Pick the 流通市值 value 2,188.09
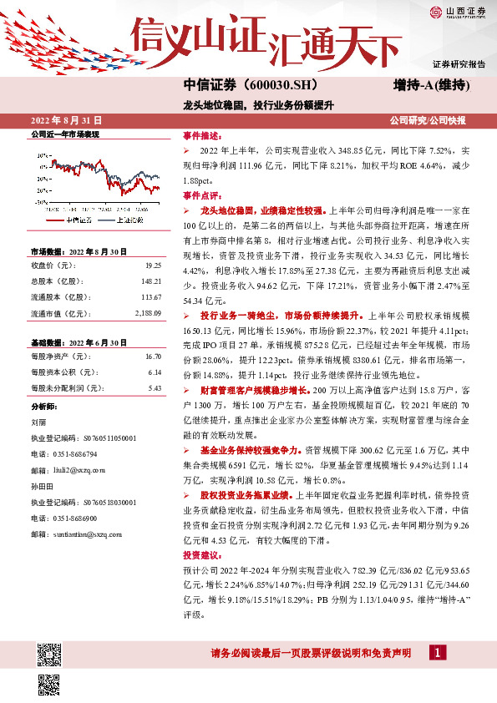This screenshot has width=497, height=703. click(x=147, y=313)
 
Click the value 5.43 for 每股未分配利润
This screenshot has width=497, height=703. click(x=155, y=387)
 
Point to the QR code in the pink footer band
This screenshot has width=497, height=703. click(x=47, y=652)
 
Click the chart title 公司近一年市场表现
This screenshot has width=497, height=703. click(x=64, y=134)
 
